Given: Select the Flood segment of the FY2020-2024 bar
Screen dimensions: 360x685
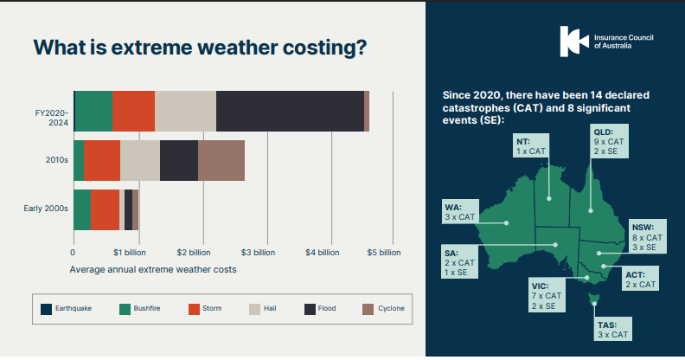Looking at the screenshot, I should pyautogui.click(x=290, y=111).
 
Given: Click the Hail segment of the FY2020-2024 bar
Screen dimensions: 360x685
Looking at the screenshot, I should pyautogui.click(x=185, y=111).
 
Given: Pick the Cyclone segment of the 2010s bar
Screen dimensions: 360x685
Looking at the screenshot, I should pyautogui.click(x=221, y=160).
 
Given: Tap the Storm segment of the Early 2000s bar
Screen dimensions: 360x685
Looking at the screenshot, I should pyautogui.click(x=105, y=209).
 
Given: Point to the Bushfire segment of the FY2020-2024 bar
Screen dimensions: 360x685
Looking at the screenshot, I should pyautogui.click(x=93, y=111).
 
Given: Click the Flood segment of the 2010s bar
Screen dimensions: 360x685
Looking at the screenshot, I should pyautogui.click(x=179, y=160).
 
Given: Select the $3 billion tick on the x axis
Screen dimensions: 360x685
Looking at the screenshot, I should pyautogui.click(x=258, y=253).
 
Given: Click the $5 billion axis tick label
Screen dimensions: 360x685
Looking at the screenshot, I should pyautogui.click(x=385, y=253).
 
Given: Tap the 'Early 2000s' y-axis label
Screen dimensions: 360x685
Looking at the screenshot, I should pyautogui.click(x=45, y=209).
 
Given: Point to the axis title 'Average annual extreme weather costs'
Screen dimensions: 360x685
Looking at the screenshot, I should pyautogui.click(x=152, y=269).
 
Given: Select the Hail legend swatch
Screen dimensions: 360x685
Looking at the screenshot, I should pyautogui.click(x=254, y=308).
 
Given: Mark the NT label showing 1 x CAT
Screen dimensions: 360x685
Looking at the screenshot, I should pyautogui.click(x=531, y=145).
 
